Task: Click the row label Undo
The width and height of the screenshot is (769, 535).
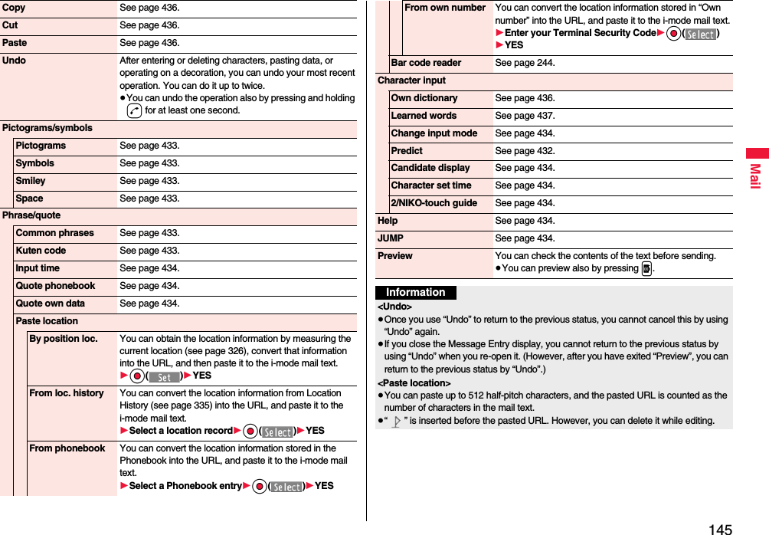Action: point(15,61)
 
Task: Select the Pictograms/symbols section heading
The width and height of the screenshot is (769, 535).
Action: point(47,128)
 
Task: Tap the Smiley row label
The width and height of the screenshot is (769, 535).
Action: point(31,181)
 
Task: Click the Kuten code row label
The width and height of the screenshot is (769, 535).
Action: point(41,251)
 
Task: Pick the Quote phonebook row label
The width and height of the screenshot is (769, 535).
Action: point(55,286)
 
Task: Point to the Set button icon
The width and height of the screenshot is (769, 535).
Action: point(164,376)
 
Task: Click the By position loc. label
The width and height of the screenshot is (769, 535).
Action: point(63,339)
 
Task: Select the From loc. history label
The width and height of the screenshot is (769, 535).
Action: point(66,393)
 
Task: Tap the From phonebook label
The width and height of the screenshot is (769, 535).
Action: point(67,448)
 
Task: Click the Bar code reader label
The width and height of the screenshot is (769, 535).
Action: point(426,63)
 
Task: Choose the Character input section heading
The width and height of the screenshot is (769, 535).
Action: point(411,80)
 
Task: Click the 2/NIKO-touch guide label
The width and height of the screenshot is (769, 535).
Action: point(434,203)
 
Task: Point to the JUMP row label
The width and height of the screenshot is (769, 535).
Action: point(391,238)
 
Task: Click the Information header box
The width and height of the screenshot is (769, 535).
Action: point(416,293)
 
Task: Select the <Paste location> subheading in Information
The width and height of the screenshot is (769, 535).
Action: point(414,382)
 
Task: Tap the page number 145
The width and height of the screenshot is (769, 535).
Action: point(720,529)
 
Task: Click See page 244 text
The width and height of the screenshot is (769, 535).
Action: point(525,63)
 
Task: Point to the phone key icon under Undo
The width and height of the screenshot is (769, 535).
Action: point(135,111)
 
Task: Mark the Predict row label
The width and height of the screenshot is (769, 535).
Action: point(407,151)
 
